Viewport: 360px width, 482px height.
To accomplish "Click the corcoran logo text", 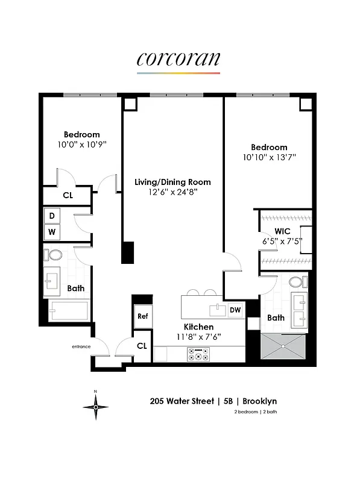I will tap(178, 59).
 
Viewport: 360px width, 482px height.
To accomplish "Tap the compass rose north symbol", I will tap(95, 408).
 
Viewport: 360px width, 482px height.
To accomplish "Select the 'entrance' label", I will tap(81, 346).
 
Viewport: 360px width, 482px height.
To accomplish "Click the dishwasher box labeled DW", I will tap(235, 310).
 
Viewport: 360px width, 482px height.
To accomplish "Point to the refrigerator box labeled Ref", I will tap(143, 316).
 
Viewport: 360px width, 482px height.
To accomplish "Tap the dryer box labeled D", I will tap(52, 216).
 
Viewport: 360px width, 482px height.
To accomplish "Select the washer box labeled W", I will tap(52, 231).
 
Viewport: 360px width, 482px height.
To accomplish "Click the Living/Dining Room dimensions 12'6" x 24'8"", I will tap(172, 192).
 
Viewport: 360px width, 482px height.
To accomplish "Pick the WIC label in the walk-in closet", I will tap(282, 231).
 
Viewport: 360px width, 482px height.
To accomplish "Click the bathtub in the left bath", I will tap(69, 311).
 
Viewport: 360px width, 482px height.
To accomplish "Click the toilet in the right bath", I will tap(295, 282).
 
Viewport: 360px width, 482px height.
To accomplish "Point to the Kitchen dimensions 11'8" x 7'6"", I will tap(198, 337).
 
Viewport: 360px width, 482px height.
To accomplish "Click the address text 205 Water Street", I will tap(179, 401).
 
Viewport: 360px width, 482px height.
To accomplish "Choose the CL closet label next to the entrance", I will tap(142, 346).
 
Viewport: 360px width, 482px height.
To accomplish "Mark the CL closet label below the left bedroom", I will tap(69, 195).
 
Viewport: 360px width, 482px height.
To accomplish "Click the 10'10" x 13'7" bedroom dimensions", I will tap(269, 157).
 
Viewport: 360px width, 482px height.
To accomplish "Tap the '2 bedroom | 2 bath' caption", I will tap(256, 412).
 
